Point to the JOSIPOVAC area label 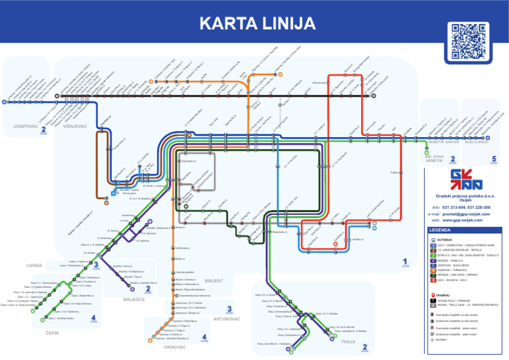coord(24,126)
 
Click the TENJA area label coord(347,341)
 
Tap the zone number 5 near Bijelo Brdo coord(494,159)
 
